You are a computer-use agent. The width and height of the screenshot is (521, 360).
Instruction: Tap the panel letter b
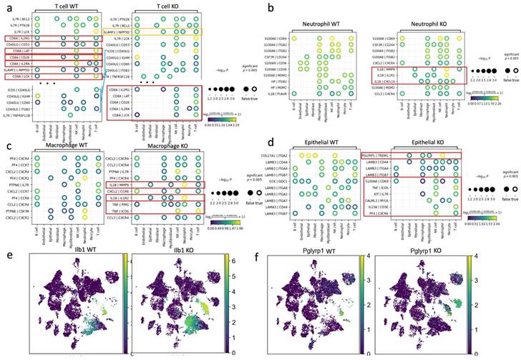pyautogui.click(x=270, y=7)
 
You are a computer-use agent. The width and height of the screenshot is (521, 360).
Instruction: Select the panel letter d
pyautogui.click(x=270, y=127)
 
